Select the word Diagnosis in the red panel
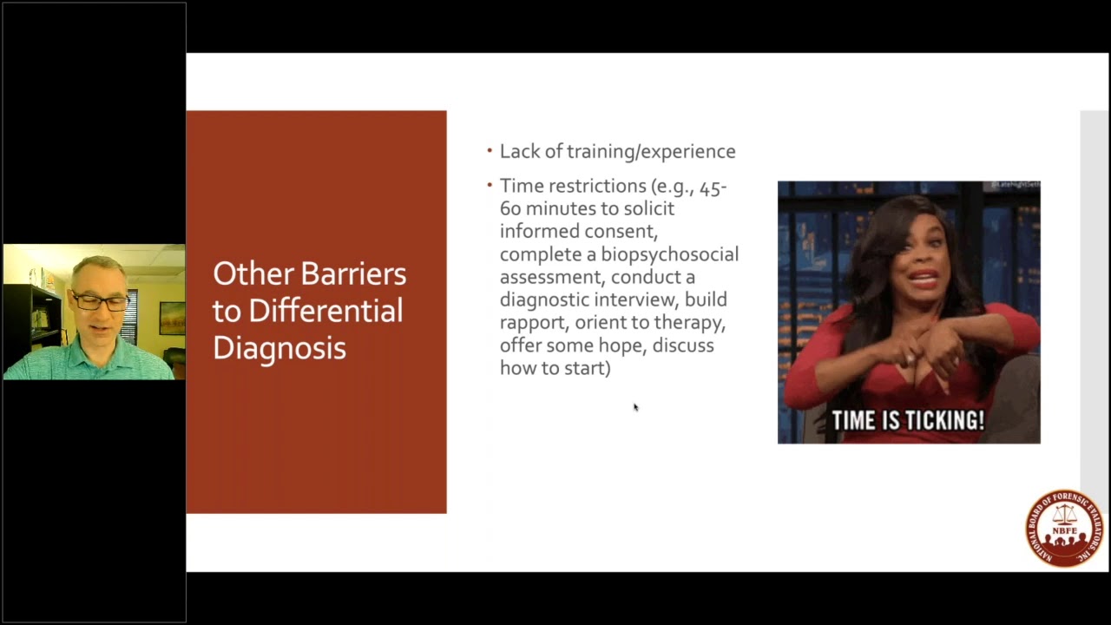(x=279, y=348)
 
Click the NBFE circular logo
(x=1064, y=527)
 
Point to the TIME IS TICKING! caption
(x=908, y=421)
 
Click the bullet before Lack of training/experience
(x=490, y=151)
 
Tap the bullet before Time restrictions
(x=490, y=185)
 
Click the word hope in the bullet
(x=622, y=345)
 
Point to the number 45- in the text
(x=713, y=187)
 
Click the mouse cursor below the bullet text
(x=635, y=407)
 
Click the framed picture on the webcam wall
(x=172, y=318)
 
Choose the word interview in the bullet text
(x=637, y=300)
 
